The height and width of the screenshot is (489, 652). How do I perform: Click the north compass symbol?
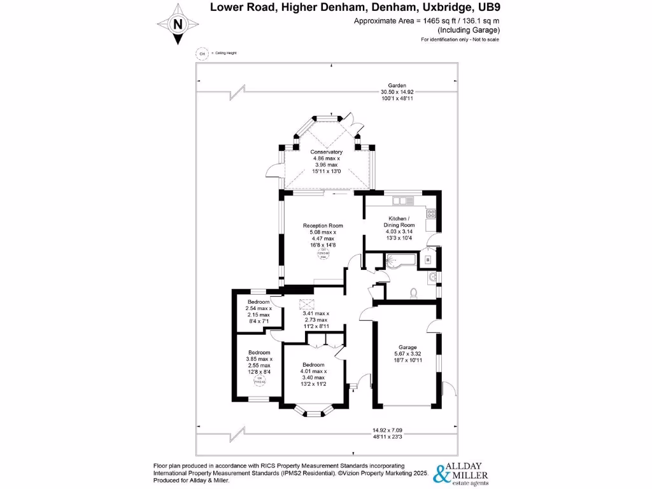click(178, 24)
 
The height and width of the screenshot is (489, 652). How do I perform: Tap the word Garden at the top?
click(397, 85)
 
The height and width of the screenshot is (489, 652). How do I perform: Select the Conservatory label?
click(327, 152)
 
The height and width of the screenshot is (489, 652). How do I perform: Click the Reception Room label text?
click(323, 225)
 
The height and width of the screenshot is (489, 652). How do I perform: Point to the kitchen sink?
click(402, 201)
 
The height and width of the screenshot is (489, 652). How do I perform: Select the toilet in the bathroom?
click(414, 292)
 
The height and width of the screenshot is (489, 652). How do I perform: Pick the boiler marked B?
click(428, 260)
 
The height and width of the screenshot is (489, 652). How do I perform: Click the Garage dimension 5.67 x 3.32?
click(407, 355)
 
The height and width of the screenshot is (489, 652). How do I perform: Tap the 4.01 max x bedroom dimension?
click(313, 371)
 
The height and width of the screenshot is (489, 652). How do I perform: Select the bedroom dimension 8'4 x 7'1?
click(259, 321)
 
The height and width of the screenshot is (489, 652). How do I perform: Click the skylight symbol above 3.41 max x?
click(306, 304)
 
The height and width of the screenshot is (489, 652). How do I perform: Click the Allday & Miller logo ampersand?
click(439, 474)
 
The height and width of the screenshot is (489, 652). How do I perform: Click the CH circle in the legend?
click(202, 53)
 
